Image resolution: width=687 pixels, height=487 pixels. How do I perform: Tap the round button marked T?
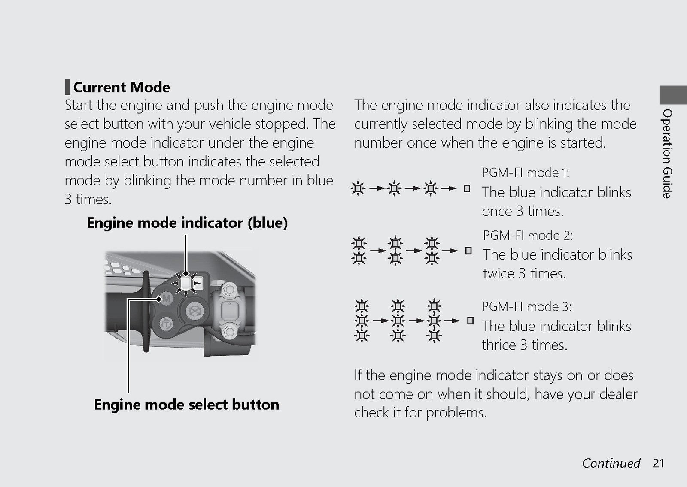click(x=166, y=324)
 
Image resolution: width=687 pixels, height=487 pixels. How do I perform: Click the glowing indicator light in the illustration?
click(x=185, y=283)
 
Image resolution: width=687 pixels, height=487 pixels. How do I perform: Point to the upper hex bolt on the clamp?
click(x=228, y=289)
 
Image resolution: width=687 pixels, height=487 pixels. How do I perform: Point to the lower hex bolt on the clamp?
click(x=228, y=331)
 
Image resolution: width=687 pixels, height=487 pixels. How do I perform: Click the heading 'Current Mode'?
click(x=122, y=88)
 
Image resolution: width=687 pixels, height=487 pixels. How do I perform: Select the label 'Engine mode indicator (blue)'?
click(x=187, y=223)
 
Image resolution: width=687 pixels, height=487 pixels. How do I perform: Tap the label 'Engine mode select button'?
click(x=186, y=405)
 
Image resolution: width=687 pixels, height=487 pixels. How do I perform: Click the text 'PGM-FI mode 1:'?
click(x=526, y=173)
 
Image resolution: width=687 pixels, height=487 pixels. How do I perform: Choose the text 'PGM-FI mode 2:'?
click(x=528, y=236)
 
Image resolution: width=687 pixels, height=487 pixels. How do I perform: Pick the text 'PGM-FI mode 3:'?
click(x=526, y=306)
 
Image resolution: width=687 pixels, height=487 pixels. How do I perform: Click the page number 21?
click(x=658, y=463)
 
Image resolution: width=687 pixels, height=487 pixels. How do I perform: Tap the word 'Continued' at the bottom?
click(x=611, y=463)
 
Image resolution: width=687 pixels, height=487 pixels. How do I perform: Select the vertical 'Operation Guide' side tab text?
click(x=667, y=154)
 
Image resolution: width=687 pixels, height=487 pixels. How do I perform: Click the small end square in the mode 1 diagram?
click(x=467, y=188)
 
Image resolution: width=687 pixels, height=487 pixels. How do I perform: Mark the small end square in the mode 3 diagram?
click(x=470, y=321)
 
